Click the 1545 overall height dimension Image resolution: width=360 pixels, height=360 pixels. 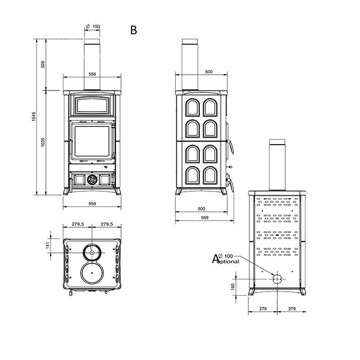click(34, 117)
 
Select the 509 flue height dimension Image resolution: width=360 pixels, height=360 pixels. click(43, 64)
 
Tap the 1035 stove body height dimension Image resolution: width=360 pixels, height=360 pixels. click(43, 142)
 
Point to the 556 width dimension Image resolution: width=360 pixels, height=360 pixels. click(92, 74)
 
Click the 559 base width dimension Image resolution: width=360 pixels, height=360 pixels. click(92, 203)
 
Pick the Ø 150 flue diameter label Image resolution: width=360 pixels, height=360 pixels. click(93, 27)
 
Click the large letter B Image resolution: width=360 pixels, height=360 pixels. click(133, 30)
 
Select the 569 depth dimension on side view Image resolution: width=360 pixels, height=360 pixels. click(205, 217)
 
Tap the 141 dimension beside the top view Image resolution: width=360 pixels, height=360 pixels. click(48, 245)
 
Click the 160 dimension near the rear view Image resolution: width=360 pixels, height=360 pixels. click(233, 287)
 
